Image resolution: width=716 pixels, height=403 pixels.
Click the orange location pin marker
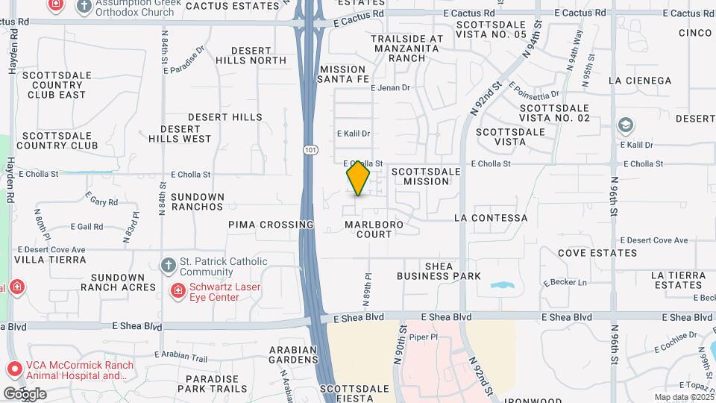[358, 178]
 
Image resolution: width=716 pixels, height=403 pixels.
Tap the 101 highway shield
[309, 150]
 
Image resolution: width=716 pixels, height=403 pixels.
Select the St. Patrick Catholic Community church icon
[169, 265]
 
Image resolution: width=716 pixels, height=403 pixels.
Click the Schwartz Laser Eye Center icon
[178, 290]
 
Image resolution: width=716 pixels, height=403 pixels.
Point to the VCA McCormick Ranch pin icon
[13, 369]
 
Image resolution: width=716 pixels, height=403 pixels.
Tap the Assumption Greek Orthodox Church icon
[84, 6]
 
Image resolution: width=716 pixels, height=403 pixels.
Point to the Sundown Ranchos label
[197, 201]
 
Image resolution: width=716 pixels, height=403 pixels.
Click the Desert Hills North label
[251, 54]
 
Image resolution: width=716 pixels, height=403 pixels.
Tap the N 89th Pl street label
[367, 288]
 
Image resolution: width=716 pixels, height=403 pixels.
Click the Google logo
[25, 393]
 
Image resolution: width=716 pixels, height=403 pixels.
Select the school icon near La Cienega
[626, 125]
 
